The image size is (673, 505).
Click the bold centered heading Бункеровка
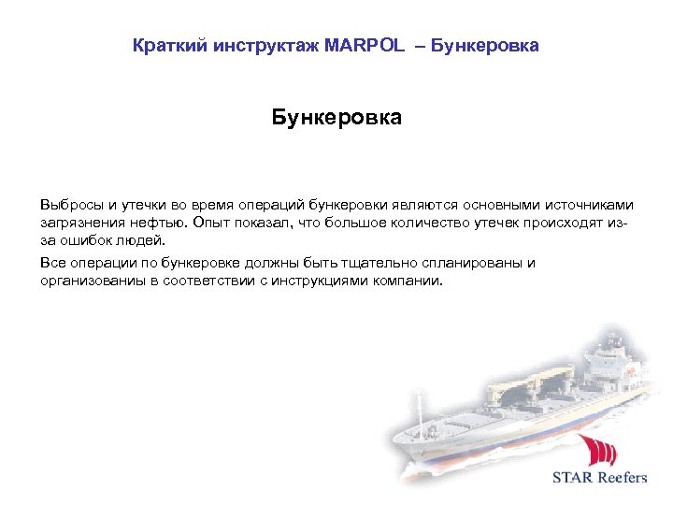(x=336, y=118)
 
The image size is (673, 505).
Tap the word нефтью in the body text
(x=158, y=224)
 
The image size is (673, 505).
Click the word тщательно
(x=363, y=263)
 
